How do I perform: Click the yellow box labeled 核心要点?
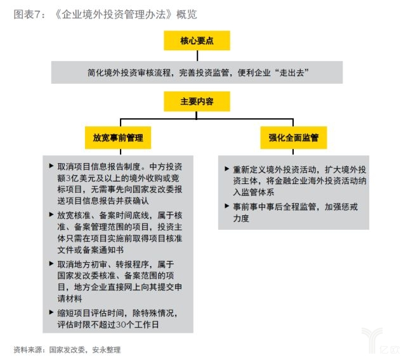(197, 41)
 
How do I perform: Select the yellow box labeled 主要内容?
(197, 102)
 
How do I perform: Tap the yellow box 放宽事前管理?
(118, 138)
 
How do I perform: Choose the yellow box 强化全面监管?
(293, 138)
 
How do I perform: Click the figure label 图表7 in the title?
(27, 14)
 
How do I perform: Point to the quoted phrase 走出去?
(291, 72)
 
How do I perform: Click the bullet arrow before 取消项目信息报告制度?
(51, 166)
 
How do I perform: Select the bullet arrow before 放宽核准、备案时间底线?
(51, 215)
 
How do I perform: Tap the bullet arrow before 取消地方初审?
(51, 263)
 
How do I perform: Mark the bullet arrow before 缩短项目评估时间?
(51, 312)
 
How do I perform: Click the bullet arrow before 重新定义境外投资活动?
(227, 169)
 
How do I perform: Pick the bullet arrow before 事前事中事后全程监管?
(227, 206)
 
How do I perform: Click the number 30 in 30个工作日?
(121, 324)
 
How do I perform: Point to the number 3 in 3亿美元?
(68, 178)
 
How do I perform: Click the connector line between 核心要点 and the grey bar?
(197, 56)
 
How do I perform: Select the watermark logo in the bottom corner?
(381, 341)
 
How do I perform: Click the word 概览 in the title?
(187, 14)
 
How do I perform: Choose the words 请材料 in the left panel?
(70, 298)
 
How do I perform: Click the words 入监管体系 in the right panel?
(254, 192)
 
